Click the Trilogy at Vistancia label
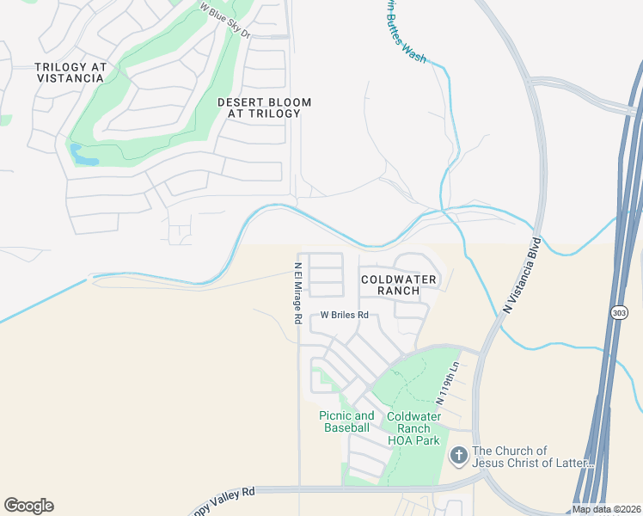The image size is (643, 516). click(70, 72)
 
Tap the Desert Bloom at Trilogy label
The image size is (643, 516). click(264, 107)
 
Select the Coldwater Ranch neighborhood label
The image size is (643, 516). click(399, 285)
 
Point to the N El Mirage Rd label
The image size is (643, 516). click(297, 293)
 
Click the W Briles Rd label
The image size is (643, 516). click(344, 316)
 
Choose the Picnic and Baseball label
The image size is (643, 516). click(346, 421)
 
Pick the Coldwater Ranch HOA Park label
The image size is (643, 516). click(413, 428)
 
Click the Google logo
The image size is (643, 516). click(28, 506)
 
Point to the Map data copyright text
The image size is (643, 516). click(606, 509)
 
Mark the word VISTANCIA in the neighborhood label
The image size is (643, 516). click(70, 78)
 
